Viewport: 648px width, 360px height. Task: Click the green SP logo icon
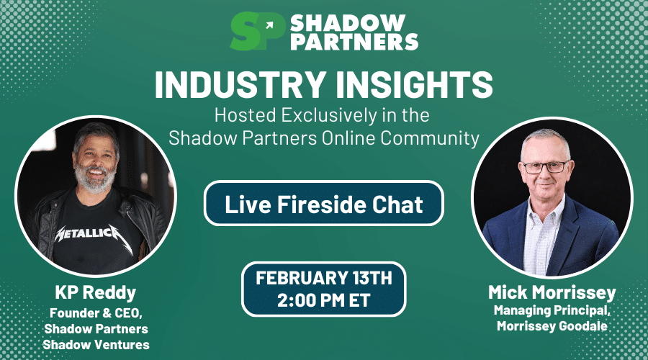258,31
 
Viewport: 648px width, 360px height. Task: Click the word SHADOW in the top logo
348,23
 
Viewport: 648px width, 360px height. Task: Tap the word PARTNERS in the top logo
354,41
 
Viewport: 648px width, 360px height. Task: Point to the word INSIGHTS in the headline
414,84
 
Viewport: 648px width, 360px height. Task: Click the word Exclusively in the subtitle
329,115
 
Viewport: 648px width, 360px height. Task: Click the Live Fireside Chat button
323,203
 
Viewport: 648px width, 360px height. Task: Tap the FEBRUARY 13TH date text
323,278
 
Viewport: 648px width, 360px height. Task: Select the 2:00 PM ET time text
323,300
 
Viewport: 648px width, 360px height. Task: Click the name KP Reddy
96,293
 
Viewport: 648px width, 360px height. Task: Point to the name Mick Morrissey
552,292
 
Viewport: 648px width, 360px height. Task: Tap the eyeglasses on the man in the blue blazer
545,167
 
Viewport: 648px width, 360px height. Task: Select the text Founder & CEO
96,313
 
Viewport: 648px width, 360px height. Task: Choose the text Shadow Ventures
96,344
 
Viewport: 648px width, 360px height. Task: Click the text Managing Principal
552,310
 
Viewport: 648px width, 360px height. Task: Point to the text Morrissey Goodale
552,326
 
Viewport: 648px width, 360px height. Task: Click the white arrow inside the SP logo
269,26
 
